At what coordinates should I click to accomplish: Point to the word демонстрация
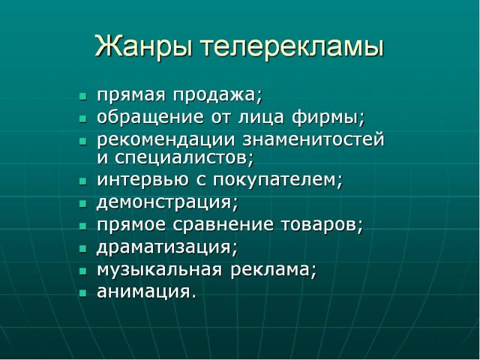[x=167, y=203]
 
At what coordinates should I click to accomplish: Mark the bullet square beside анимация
[x=83, y=293]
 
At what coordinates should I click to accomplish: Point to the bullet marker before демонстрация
[x=83, y=203]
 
